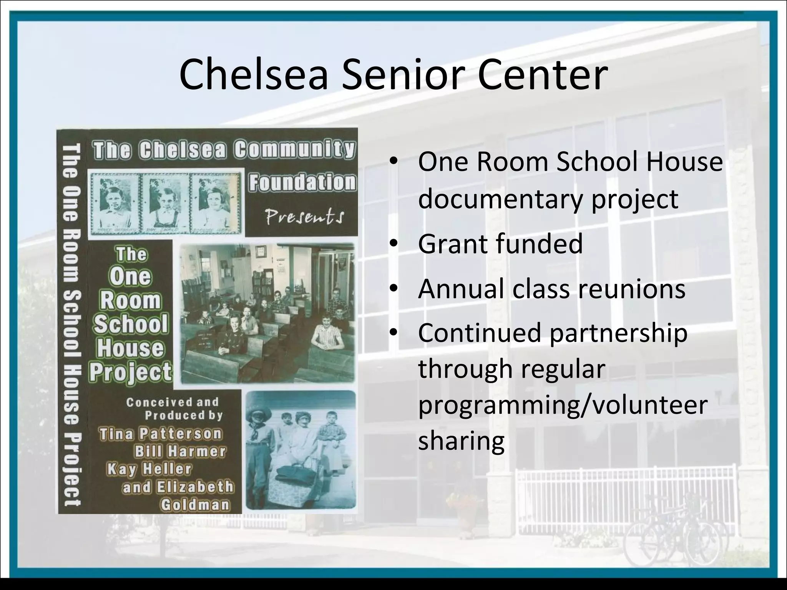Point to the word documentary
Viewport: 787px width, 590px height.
click(500, 199)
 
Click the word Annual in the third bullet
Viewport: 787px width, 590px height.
click(460, 289)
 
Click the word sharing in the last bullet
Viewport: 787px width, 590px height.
click(461, 441)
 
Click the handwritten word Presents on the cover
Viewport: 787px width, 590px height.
click(304, 217)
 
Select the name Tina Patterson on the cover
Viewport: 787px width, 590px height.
click(161, 434)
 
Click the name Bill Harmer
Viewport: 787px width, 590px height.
click(180, 451)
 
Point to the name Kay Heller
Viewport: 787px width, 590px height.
click(149, 469)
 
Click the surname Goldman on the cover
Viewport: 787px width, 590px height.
click(195, 504)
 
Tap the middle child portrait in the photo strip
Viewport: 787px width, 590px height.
click(165, 204)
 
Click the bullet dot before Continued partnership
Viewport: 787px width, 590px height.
click(392, 333)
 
